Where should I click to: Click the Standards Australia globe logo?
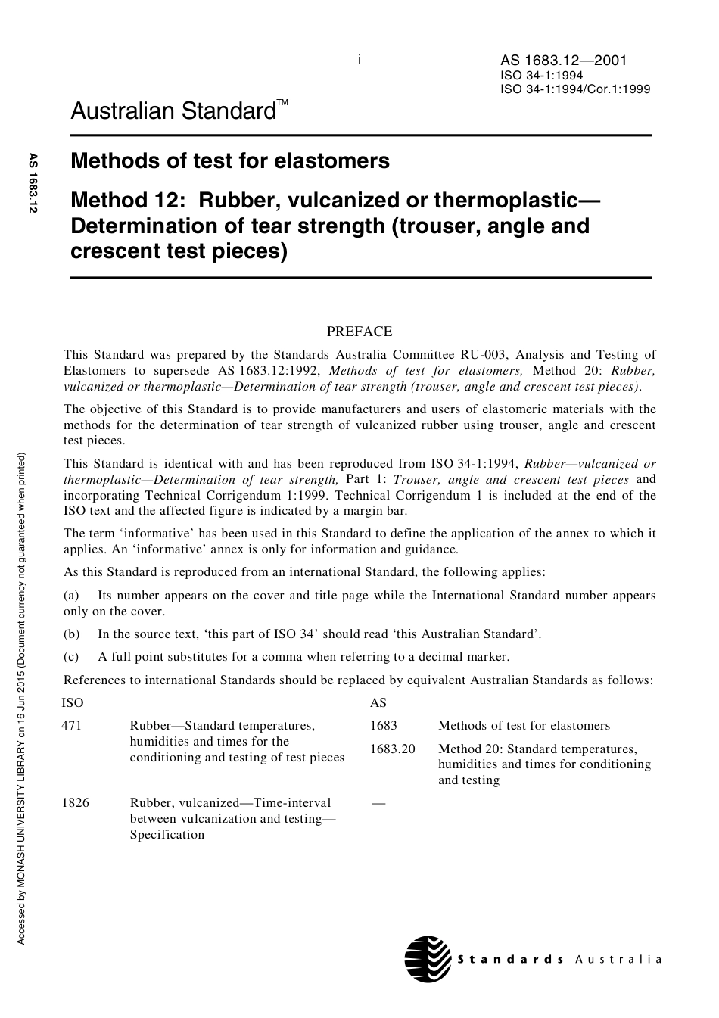pos(428,958)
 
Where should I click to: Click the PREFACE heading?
pos(359,331)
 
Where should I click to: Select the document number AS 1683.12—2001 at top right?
pos(563,61)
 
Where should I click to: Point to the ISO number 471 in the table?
pos(71,725)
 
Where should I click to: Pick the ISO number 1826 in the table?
pos(75,802)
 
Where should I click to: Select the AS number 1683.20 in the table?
pos(392,749)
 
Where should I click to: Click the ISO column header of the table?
pos(72,702)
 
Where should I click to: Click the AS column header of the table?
pos(378,702)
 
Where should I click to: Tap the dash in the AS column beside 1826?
pos(378,802)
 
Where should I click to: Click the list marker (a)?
pos(71,595)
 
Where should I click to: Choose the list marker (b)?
pos(71,634)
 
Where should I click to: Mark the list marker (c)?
pos(71,656)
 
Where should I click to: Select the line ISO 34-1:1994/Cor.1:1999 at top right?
pos(574,89)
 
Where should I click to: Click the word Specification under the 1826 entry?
pos(167,834)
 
